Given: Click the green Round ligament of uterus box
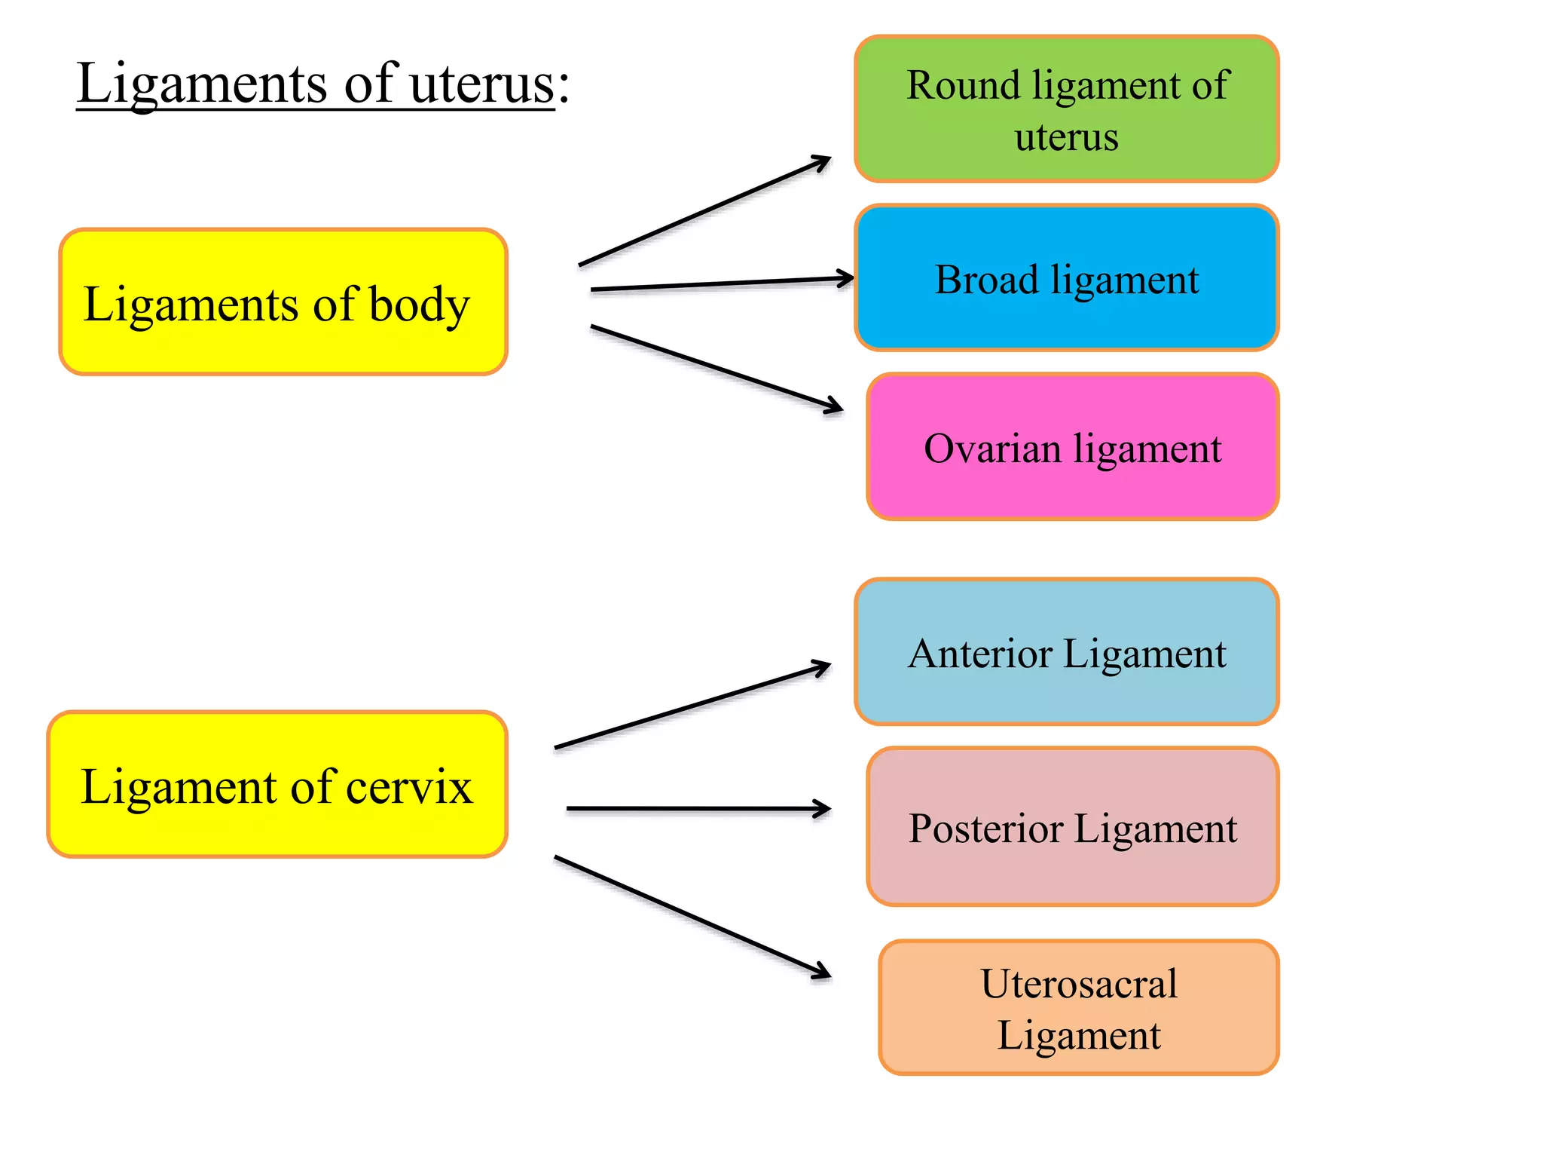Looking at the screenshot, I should [x=1067, y=109].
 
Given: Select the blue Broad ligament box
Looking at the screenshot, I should [x=1067, y=278].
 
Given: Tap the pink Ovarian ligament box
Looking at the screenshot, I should [x=1073, y=447].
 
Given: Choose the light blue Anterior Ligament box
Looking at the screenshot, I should [x=1067, y=652].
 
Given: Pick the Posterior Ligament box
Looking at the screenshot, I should [x=1073, y=827].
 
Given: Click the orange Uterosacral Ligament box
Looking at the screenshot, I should [x=1079, y=1008].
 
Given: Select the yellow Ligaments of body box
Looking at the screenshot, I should [x=283, y=302].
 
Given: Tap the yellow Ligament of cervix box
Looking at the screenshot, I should [x=277, y=785].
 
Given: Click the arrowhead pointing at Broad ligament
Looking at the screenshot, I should [x=845, y=278].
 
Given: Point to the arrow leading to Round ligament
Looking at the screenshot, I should [x=704, y=211].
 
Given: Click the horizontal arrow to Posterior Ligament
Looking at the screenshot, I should [x=697, y=809].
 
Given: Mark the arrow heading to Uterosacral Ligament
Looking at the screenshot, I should [x=692, y=917].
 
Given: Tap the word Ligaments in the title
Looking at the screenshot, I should [x=202, y=84].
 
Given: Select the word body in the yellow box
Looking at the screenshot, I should [x=419, y=305].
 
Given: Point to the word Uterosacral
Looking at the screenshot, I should [x=1079, y=984].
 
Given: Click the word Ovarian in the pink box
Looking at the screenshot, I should [x=992, y=449].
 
